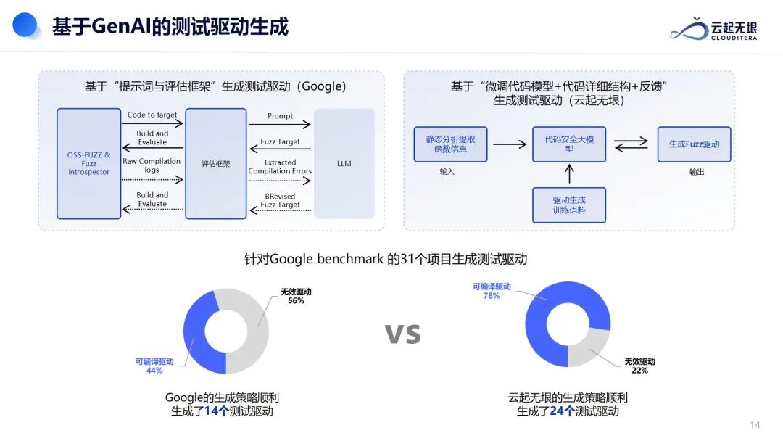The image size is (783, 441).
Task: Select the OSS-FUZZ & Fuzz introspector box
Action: (88, 163)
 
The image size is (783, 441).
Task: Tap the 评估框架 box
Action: (215, 164)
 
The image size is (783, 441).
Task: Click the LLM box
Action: (344, 163)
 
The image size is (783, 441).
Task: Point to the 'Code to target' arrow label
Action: (152, 115)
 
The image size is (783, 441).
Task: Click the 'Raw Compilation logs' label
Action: (152, 165)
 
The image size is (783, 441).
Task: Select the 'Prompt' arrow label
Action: (280, 116)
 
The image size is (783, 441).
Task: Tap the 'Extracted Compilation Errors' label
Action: (280, 167)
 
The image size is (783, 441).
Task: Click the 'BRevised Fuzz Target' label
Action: (280, 200)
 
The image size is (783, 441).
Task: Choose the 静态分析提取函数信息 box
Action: (450, 144)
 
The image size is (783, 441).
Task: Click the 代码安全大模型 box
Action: (569, 144)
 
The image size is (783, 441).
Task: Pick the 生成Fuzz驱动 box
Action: (694, 144)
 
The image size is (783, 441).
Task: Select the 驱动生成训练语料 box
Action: (569, 205)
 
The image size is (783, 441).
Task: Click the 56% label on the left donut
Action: (295, 300)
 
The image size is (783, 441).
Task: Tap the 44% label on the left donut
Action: (154, 371)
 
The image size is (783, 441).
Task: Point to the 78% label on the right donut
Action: (492, 296)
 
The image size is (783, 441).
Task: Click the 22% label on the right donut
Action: (639, 371)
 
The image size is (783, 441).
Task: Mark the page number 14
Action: (755, 425)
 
